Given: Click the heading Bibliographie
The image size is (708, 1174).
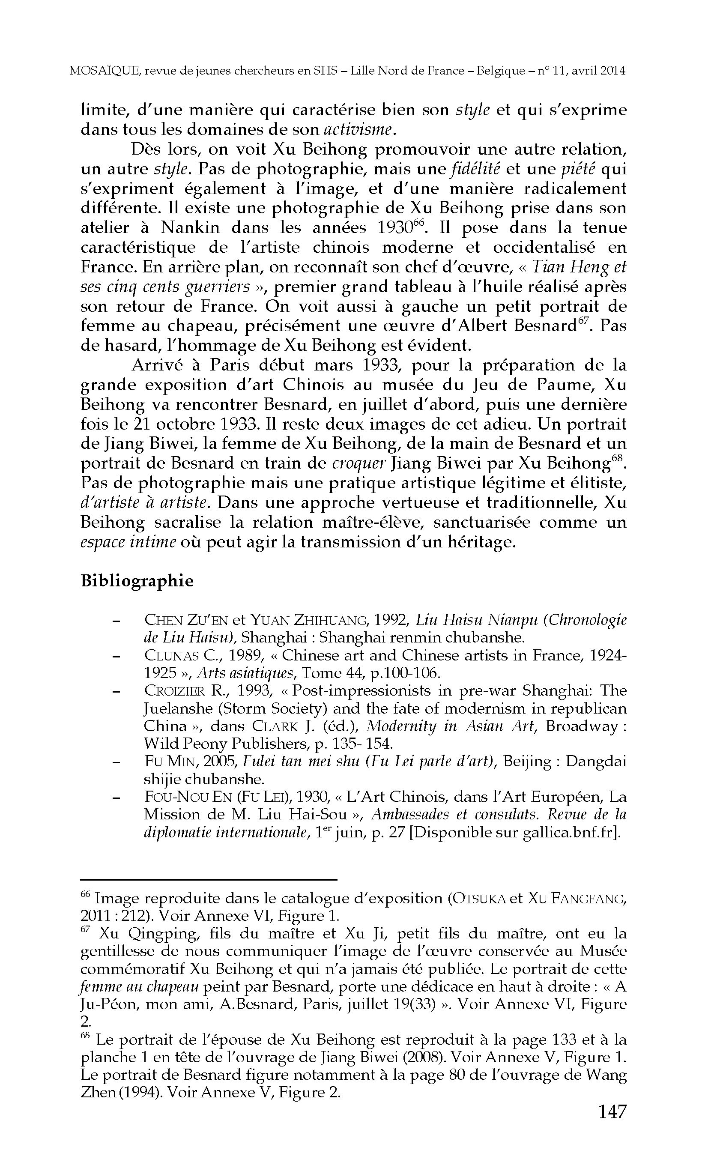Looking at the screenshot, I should coord(137,581).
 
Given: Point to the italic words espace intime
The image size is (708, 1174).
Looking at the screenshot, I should coord(128,542).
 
